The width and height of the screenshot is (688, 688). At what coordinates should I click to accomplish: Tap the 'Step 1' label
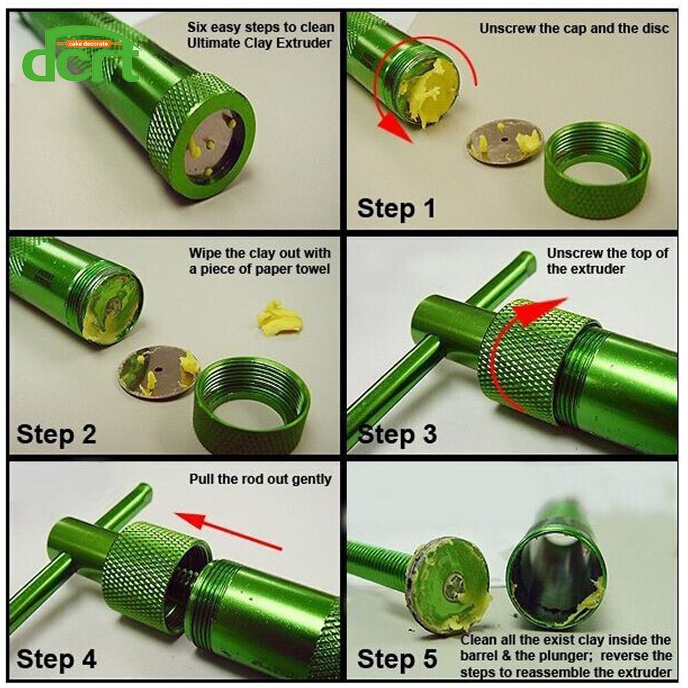coord(396,208)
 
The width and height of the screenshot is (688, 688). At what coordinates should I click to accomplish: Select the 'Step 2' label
coord(56,434)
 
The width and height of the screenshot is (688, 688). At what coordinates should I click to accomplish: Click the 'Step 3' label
coord(397,434)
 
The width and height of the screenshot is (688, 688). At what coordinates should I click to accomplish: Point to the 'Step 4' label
coord(56,659)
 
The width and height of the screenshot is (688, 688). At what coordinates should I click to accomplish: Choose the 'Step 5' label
coord(397,659)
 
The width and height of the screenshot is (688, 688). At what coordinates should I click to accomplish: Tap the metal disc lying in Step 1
coord(504,142)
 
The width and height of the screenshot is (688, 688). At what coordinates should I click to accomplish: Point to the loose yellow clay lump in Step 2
coord(280,319)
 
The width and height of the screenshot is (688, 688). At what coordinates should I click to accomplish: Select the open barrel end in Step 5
coord(557,579)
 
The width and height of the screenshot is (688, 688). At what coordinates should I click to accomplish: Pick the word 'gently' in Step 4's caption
coord(312,480)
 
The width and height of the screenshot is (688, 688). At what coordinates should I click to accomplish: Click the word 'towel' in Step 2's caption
coord(311,269)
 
